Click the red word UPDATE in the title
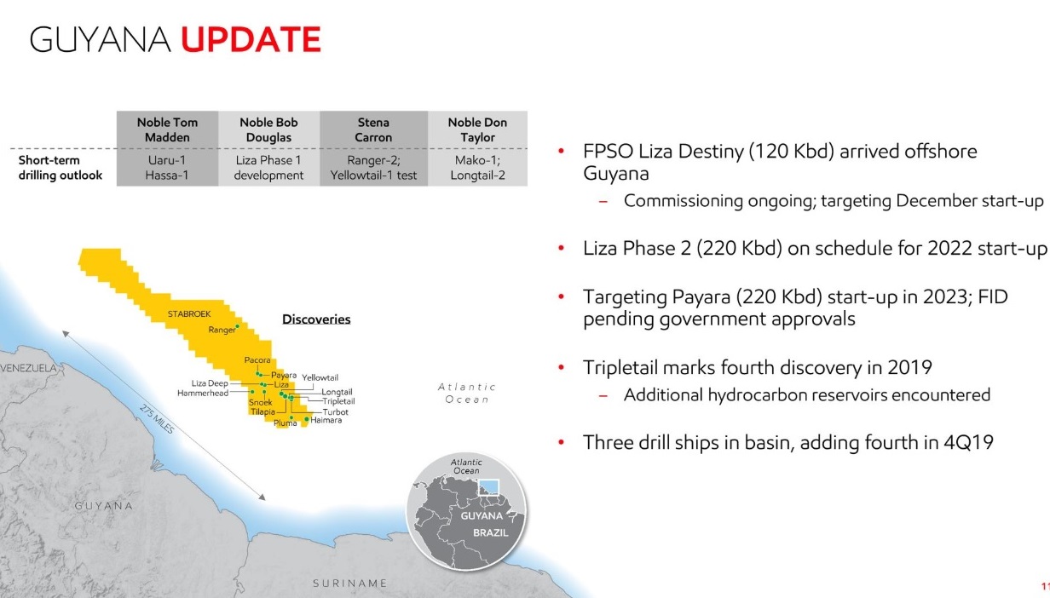point(251,39)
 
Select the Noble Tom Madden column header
point(167,129)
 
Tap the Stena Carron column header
point(373,129)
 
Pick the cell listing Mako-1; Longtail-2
point(477,167)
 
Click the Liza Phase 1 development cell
point(268,167)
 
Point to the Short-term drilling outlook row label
point(61,167)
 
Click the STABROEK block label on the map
point(188,314)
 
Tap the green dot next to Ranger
point(238,326)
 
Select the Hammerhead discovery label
point(203,393)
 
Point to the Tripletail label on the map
point(338,401)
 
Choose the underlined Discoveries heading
point(316,319)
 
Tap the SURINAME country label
point(350,584)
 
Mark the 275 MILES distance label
point(157,419)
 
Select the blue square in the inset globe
point(490,487)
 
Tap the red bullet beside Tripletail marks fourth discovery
point(561,369)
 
